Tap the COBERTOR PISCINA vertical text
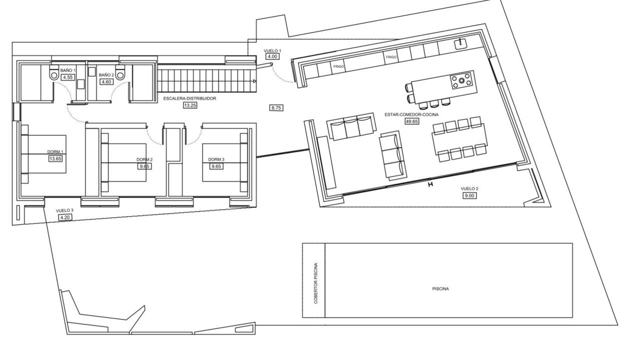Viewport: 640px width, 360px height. pos(315,283)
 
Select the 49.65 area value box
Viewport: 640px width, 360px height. pos(411,121)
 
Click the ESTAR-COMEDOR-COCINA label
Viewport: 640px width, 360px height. pos(411,114)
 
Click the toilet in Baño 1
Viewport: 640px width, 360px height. pos(54,74)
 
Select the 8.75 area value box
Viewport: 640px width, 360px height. pos(276,108)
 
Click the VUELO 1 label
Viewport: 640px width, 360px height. pos(273,51)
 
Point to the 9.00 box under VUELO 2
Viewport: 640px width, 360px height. pos(469,196)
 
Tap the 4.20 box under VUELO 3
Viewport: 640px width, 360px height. pos(65,218)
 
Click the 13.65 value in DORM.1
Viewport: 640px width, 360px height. pos(55,159)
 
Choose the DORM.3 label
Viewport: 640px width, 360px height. pos(216,159)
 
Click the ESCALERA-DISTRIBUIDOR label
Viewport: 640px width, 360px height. pos(190,99)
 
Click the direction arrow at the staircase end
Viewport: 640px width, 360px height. pos(254,81)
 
